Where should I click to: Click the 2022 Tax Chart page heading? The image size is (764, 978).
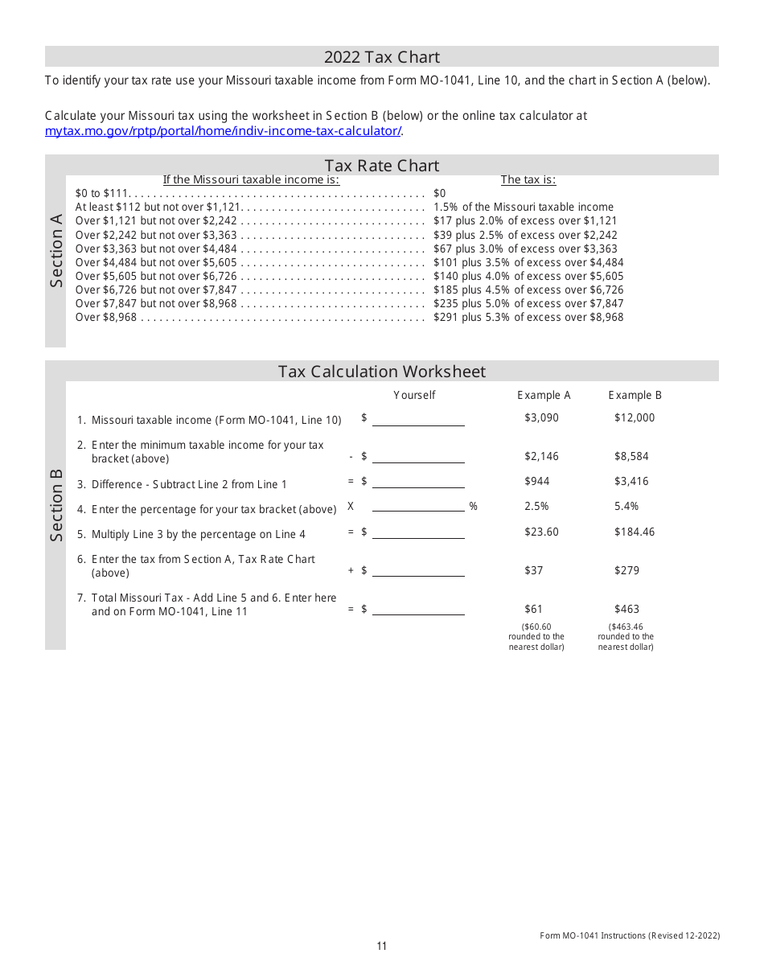click(x=382, y=57)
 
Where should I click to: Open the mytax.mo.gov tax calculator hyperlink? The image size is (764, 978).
click(x=224, y=131)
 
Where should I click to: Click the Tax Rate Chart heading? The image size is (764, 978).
click(x=382, y=166)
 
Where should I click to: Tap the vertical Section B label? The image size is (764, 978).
click(x=55, y=505)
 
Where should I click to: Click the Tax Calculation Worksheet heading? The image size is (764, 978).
click(x=382, y=372)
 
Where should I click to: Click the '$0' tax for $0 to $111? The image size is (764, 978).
click(x=439, y=194)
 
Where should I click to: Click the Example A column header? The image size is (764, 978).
click(x=544, y=395)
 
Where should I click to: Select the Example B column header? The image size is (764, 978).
click(x=635, y=395)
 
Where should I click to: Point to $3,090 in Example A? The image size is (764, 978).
click(x=541, y=417)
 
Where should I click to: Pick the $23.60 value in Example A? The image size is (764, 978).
click(x=541, y=532)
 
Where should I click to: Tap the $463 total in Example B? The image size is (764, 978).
click(x=626, y=609)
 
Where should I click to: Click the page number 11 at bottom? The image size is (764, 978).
click(x=382, y=946)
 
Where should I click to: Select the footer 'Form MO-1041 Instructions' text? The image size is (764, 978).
click(x=629, y=935)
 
